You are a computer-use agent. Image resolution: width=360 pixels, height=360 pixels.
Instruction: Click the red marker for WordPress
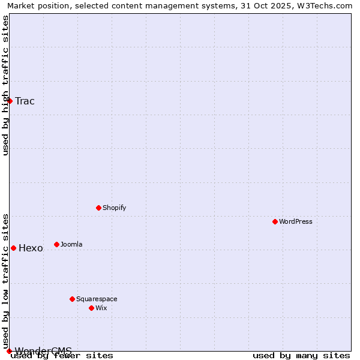pos(275,221)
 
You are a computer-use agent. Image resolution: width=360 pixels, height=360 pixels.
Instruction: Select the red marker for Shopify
pos(98,208)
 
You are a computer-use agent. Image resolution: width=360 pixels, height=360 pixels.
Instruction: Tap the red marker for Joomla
pos(56,244)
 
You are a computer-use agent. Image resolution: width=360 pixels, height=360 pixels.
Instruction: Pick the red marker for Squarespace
pos(72,299)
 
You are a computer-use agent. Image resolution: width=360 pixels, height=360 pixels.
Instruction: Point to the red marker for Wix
pos(91,308)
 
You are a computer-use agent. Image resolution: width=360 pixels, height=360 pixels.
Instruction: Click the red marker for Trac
pos(10,101)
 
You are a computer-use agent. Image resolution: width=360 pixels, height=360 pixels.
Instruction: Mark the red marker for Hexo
pos(13,248)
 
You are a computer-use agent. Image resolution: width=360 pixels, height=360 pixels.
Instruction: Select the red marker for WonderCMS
pos(9,351)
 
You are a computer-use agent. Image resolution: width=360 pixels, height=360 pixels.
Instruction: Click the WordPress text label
pos(296,221)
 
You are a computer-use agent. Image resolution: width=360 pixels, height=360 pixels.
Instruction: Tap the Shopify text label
pos(114,208)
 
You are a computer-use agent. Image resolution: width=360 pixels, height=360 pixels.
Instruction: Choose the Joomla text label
pos(71,244)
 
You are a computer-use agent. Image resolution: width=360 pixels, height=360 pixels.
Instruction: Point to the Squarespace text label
pos(97,299)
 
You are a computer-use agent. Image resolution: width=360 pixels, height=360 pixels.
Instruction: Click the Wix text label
pos(101,308)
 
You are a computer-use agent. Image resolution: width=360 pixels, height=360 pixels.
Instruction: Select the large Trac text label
pos(25,101)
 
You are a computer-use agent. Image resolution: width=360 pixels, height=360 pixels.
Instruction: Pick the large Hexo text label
pos(31,248)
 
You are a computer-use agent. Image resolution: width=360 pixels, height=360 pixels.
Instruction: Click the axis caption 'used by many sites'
pos(301,355)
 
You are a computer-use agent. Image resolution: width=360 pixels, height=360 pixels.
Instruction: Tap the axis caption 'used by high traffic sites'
pos(5,85)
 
